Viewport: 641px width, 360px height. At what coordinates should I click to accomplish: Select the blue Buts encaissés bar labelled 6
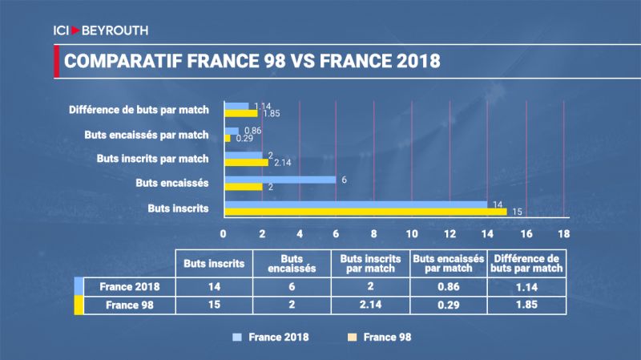click(x=280, y=180)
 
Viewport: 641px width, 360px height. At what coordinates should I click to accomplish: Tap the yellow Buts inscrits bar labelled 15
click(x=365, y=212)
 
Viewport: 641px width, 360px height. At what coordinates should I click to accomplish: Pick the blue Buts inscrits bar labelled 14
click(x=356, y=204)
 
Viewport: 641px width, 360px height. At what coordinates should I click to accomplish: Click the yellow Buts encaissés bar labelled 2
click(x=243, y=187)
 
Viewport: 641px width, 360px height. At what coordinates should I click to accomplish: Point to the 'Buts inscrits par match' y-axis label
click(x=153, y=159)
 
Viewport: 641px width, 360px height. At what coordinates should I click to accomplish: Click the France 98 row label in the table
click(x=128, y=305)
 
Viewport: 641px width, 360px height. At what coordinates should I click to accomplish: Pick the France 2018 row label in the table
click(x=128, y=286)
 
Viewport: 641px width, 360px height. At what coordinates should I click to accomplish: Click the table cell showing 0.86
click(x=448, y=286)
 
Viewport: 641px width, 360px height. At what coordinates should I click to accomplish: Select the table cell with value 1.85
click(x=526, y=305)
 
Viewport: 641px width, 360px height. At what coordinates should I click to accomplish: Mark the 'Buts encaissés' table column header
click(x=292, y=263)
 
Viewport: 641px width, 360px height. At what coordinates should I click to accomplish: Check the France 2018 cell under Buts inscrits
click(x=214, y=286)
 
